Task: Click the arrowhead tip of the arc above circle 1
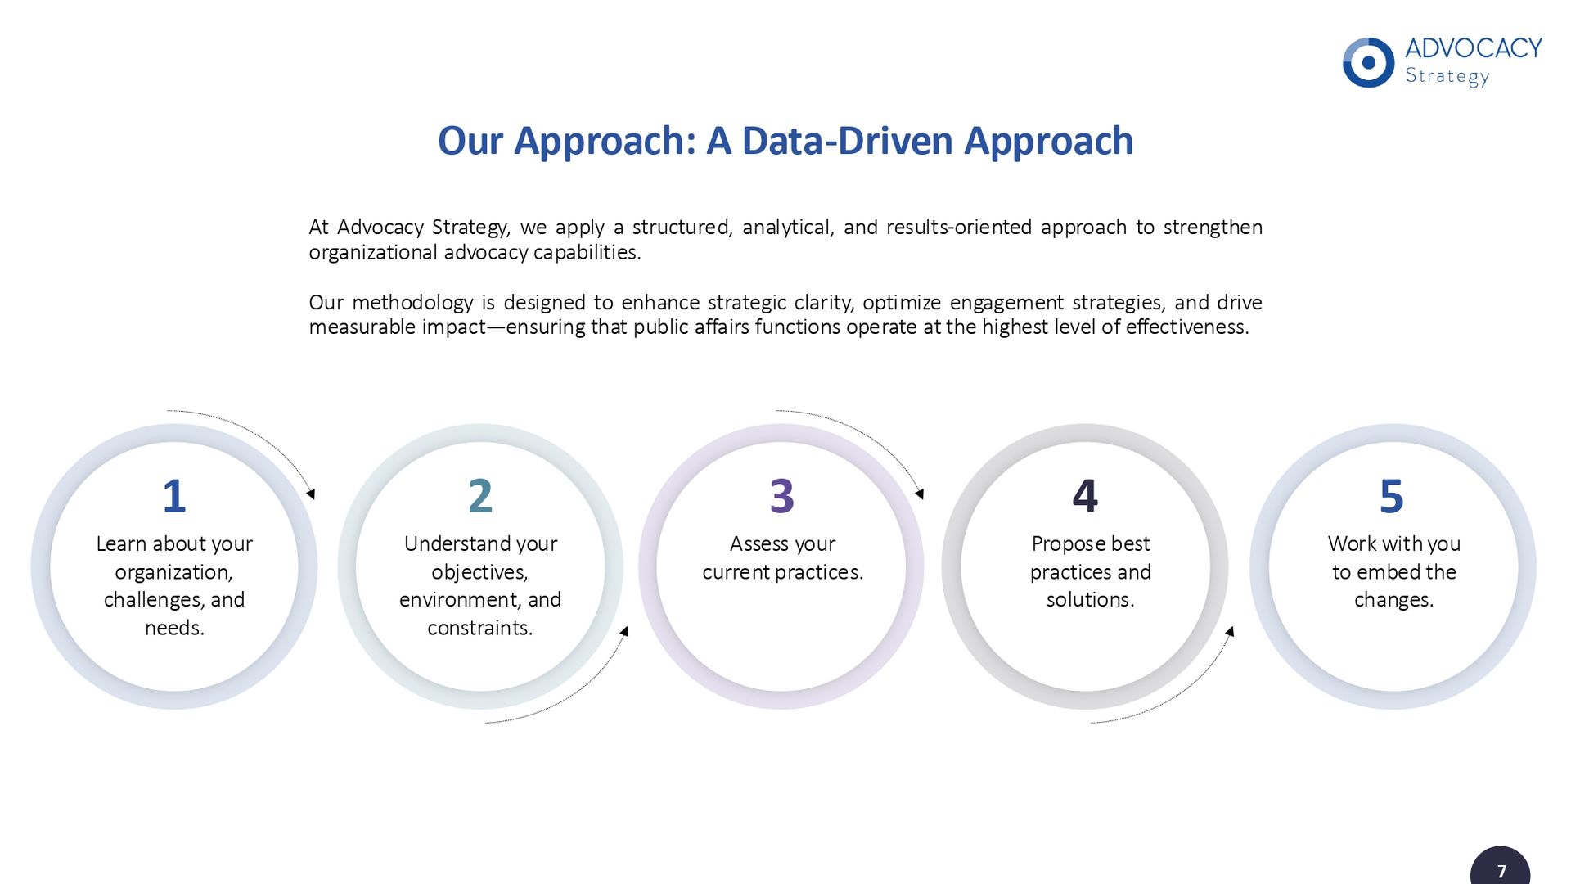314,498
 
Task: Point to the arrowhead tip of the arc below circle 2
627,627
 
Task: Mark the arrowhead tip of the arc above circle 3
923,498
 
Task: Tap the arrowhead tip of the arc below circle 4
1232,627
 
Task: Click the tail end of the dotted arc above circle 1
167,411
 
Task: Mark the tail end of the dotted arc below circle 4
1090,723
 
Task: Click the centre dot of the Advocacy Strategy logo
1368,63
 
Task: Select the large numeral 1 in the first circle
174,496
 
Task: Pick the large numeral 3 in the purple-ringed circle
782,496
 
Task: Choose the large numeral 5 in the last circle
1392,496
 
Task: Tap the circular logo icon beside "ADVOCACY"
1368,63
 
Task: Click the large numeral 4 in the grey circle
1085,496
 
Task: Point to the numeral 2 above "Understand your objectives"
480,496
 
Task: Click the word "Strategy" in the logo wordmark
1447,77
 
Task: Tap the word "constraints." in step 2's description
480,628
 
